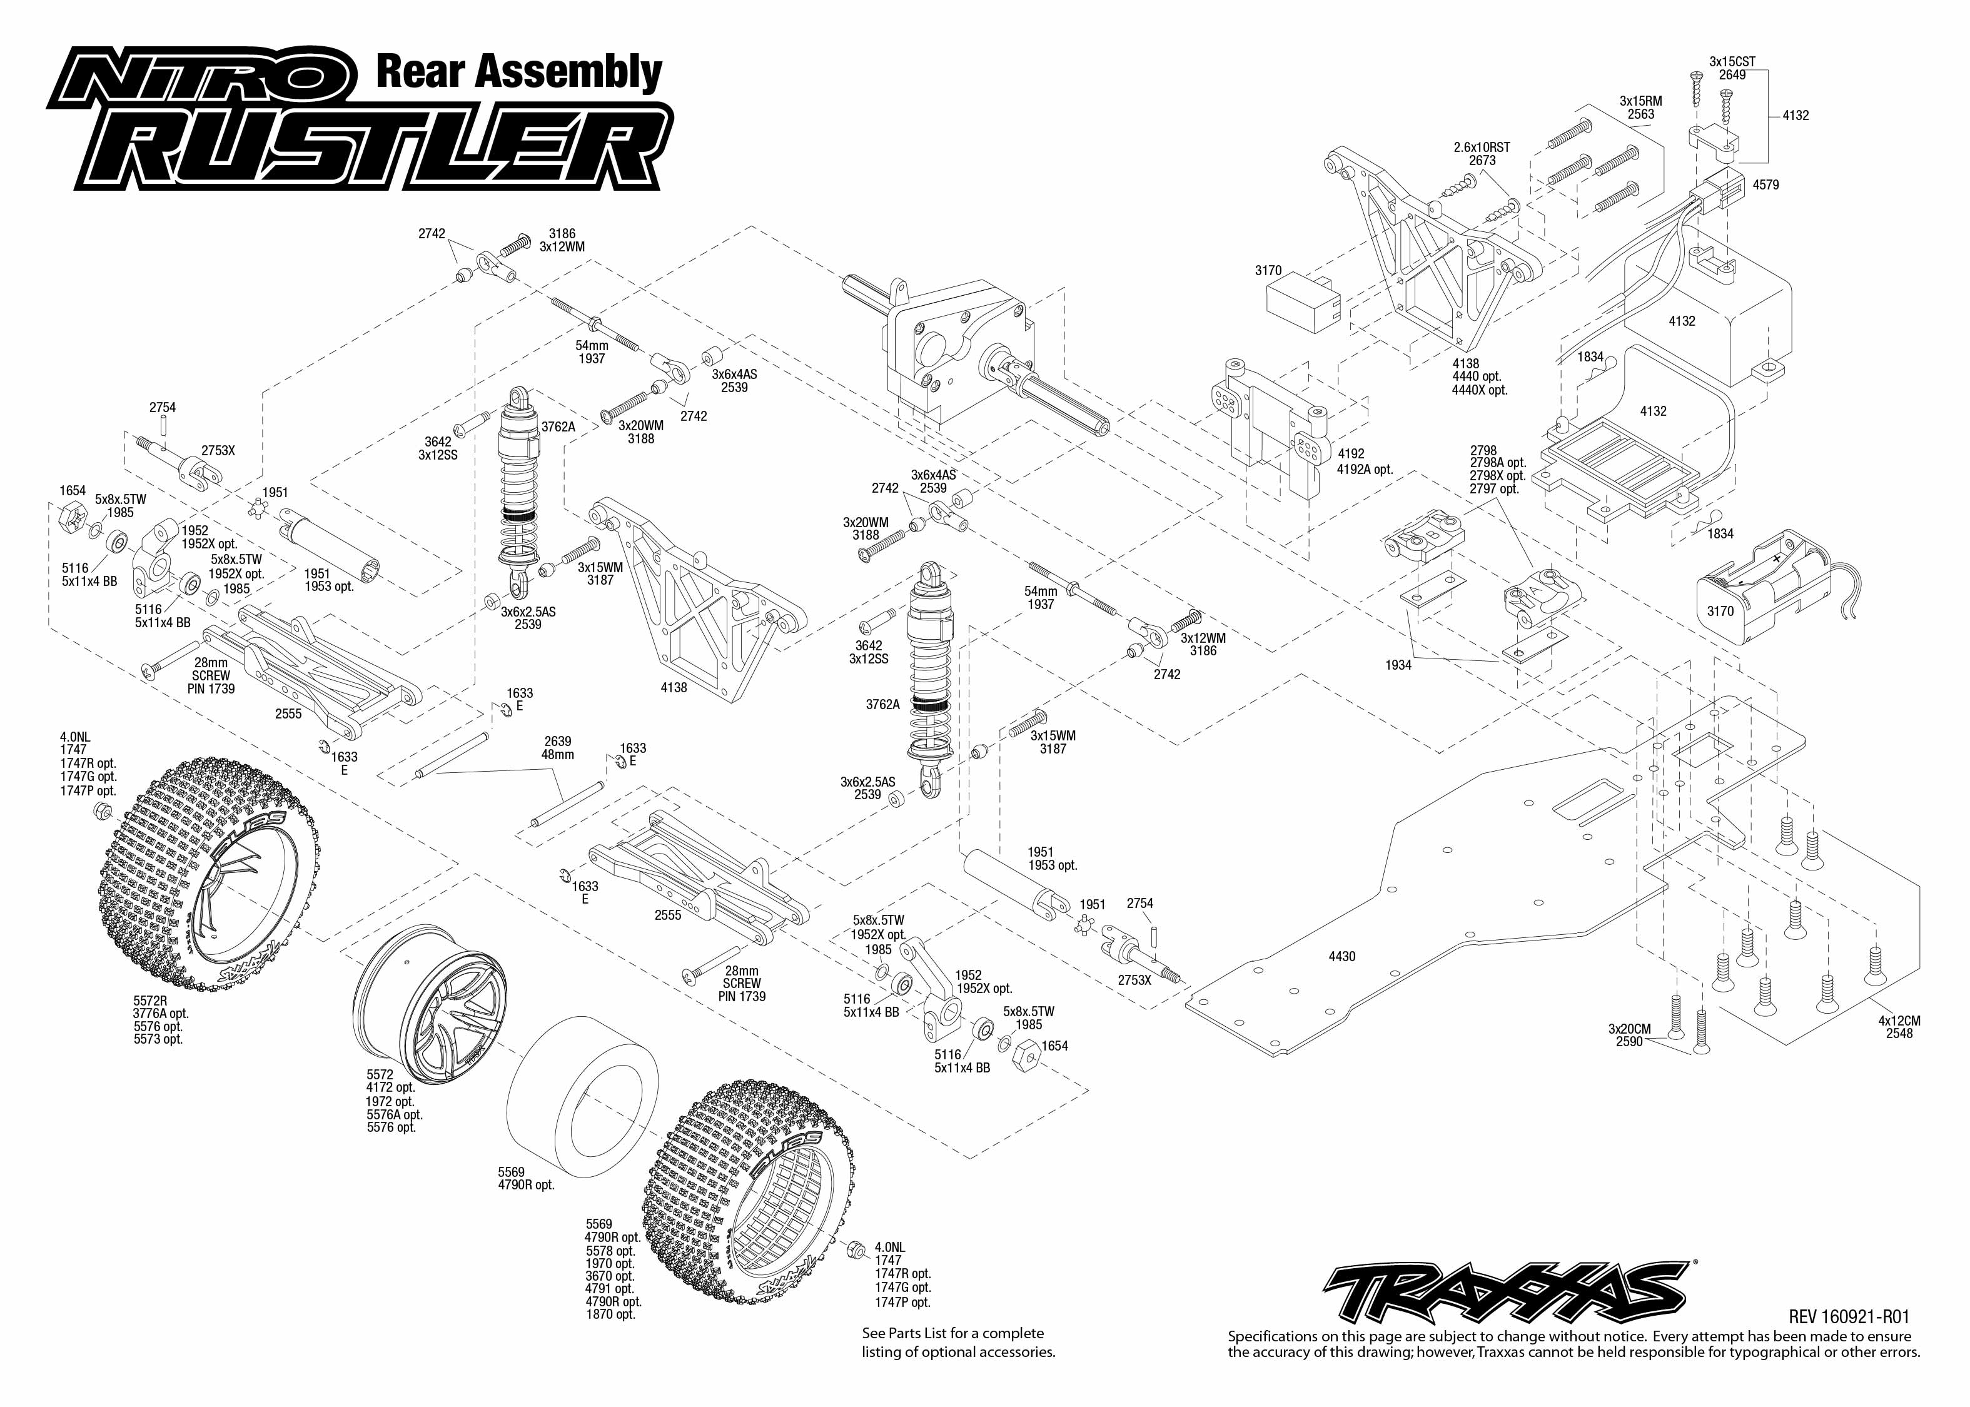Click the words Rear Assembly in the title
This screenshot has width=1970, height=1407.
coord(518,72)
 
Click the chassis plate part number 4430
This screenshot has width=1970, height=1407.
coord(1342,957)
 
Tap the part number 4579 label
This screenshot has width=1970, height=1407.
coord(1765,184)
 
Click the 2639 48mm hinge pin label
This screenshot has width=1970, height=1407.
coord(558,748)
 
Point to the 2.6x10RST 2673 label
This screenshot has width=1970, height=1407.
coord(1482,153)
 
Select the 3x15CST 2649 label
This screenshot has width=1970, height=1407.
coord(1732,68)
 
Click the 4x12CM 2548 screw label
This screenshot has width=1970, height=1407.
coord(1899,1027)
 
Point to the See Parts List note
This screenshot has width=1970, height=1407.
coord(958,1342)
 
